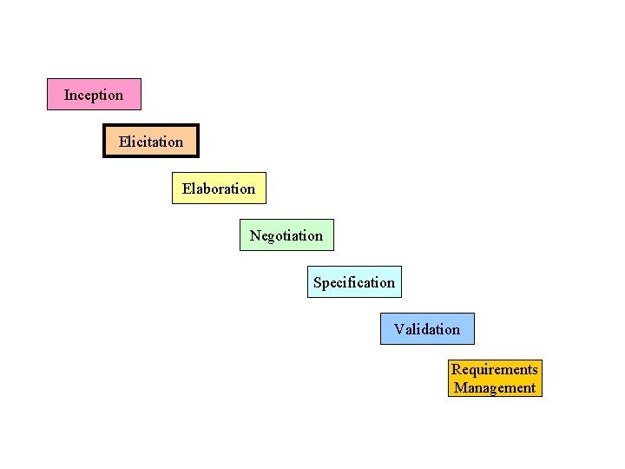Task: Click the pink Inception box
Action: click(x=94, y=95)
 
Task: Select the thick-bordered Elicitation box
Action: click(x=151, y=142)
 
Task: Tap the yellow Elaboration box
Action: click(x=219, y=188)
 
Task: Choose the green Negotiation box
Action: click(x=286, y=235)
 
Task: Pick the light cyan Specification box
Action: click(x=354, y=282)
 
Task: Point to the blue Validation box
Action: click(x=427, y=329)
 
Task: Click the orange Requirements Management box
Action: click(x=495, y=379)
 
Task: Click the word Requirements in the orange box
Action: click(x=495, y=370)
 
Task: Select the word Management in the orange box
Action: click(x=495, y=388)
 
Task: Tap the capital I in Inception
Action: click(x=67, y=95)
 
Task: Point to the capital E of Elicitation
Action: click(x=123, y=142)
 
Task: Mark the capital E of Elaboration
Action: click(x=187, y=188)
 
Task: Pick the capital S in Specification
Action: click(x=318, y=282)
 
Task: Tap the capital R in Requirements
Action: click(x=456, y=370)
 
